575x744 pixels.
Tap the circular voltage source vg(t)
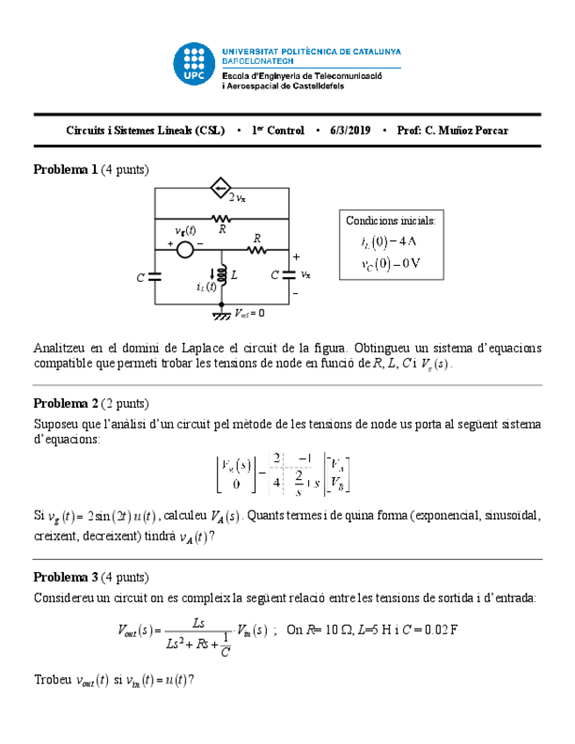coord(185,250)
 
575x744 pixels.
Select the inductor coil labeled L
coord(223,275)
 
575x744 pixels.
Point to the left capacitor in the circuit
coord(155,276)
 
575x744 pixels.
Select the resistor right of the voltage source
coord(256,250)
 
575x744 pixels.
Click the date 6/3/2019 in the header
coord(350,131)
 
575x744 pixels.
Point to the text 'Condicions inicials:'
coord(390,221)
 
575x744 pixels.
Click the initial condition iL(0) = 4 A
coord(390,242)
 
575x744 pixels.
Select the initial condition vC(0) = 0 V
coord(390,262)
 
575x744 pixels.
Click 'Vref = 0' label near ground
coord(249,312)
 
